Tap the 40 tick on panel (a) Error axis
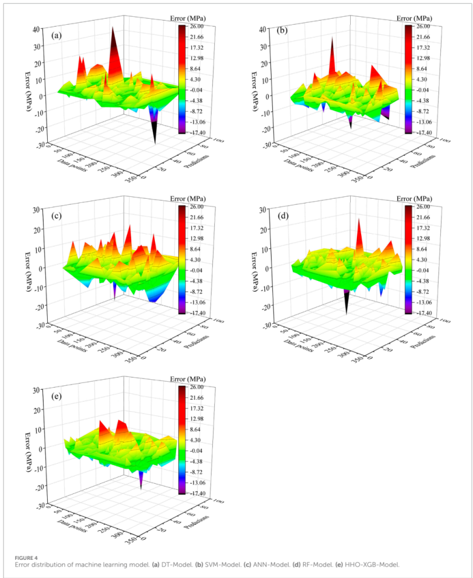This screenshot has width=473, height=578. [36, 28]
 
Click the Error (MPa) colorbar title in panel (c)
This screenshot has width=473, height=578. [192, 199]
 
